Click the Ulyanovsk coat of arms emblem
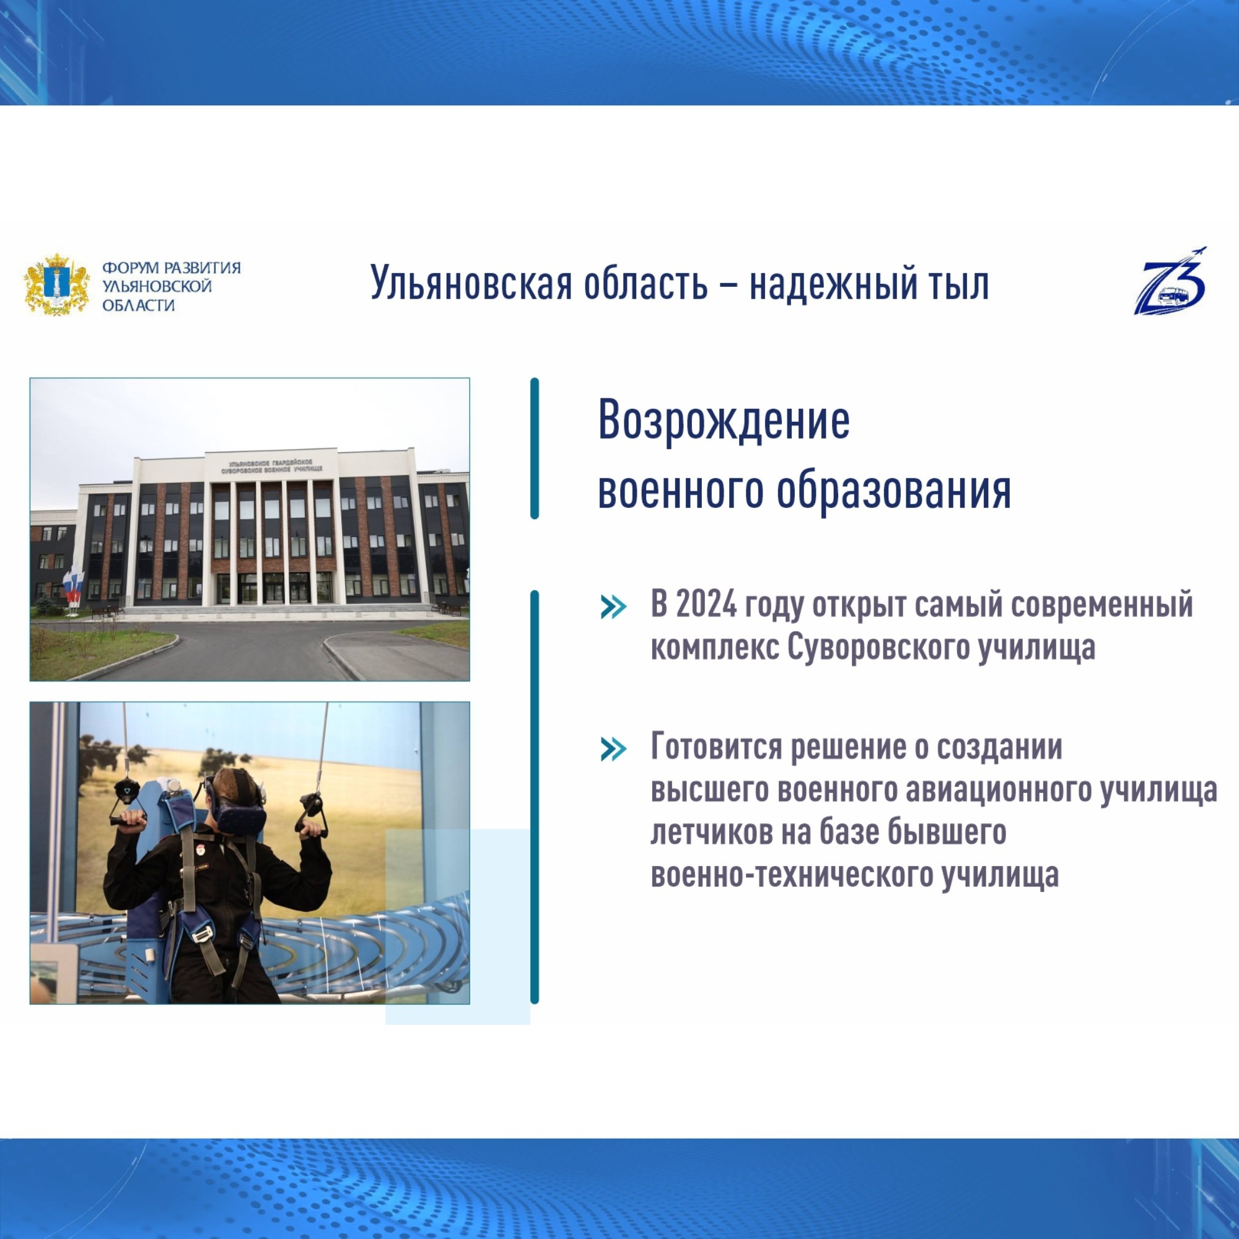click(56, 284)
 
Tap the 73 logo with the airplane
click(1170, 281)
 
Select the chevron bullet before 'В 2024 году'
click(613, 607)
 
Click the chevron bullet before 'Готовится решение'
click(613, 749)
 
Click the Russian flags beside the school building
click(72, 585)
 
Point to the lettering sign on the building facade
click(272, 466)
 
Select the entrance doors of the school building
click(274, 588)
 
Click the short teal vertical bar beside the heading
click(535, 449)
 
